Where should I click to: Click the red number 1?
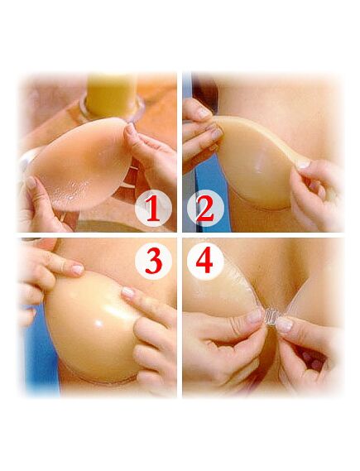(153, 208)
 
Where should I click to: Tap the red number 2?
(205, 208)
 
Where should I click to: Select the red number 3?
(154, 261)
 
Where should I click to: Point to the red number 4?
(204, 261)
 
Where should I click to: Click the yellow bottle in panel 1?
(112, 95)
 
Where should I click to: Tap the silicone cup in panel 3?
(90, 328)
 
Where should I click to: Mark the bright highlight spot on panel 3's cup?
(98, 323)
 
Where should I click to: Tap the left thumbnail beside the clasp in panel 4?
(254, 316)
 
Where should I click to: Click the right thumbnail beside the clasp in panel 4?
(284, 324)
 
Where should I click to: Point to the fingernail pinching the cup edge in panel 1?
(130, 129)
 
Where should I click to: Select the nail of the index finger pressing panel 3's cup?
(128, 292)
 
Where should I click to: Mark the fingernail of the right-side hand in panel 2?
(303, 164)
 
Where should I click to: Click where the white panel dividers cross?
(180, 235)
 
